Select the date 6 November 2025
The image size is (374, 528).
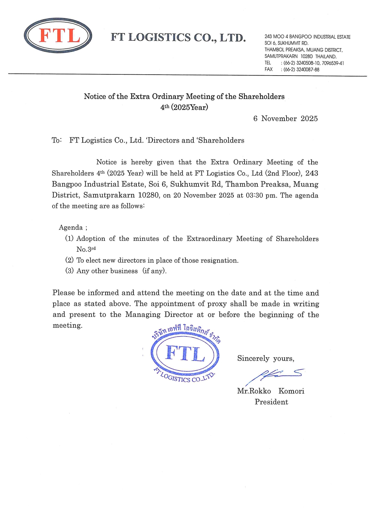[x=285, y=119]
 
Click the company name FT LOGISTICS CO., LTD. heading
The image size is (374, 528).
[x=178, y=38]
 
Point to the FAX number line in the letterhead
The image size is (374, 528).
[x=292, y=70]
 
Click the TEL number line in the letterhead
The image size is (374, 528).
[x=304, y=63]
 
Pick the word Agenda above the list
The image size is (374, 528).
[x=71, y=228]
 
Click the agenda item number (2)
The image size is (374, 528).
[x=69, y=260]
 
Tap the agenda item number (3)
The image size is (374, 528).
[x=69, y=271]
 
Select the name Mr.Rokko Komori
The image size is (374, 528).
[x=271, y=391]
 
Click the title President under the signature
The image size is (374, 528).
[x=271, y=402]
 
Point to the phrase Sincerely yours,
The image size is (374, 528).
[x=265, y=359]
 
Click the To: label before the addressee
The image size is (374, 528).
[x=57, y=140]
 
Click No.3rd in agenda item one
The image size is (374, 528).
[x=86, y=249]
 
